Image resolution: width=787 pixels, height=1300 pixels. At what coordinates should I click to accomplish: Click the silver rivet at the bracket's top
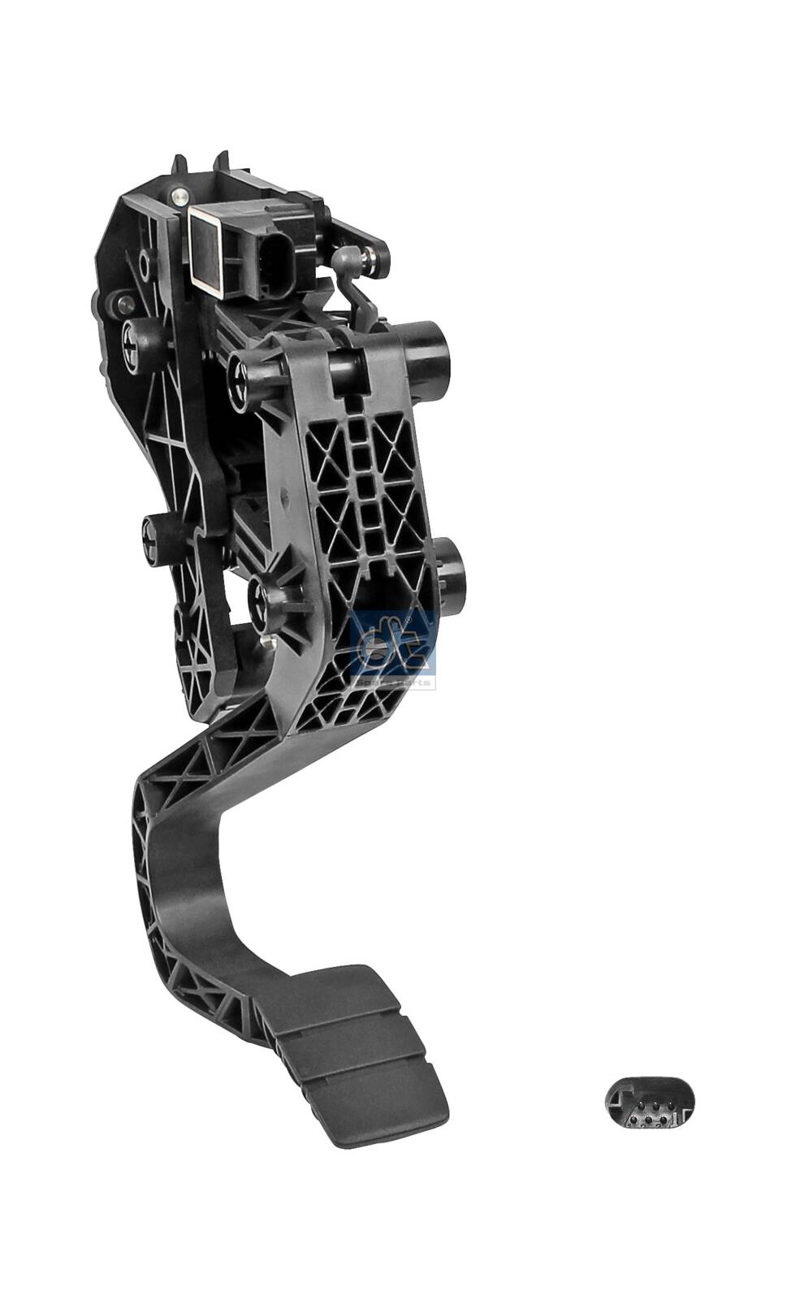(179, 196)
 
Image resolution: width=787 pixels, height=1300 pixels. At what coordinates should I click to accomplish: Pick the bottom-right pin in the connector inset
(664, 1123)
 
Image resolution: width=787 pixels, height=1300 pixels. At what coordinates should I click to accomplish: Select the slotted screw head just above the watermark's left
(258, 601)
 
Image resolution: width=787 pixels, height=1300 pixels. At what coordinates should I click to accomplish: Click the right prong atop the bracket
(220, 161)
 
